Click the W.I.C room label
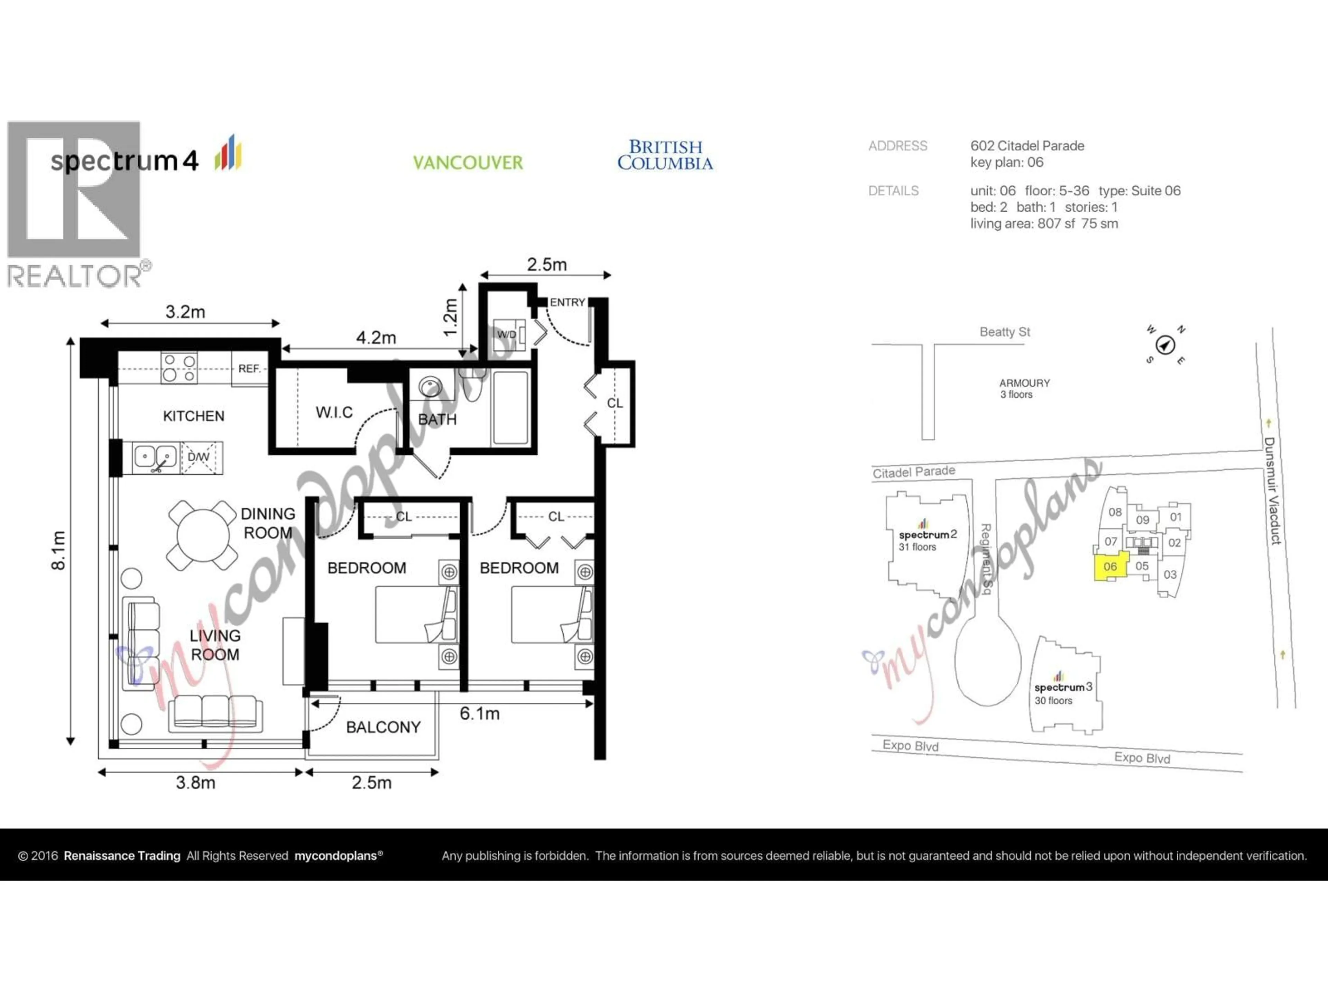click(x=334, y=413)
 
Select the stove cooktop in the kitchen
click(x=179, y=368)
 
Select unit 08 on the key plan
click(x=1115, y=512)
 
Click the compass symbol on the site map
click(x=1165, y=345)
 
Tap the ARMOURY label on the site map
click(x=1024, y=383)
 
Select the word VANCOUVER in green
click(x=468, y=163)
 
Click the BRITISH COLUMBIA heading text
click(x=665, y=155)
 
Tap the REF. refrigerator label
click(x=249, y=369)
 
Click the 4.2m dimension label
click(x=376, y=338)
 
